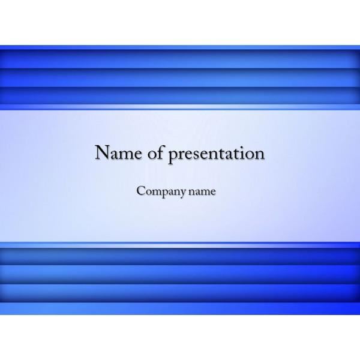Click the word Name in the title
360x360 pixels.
pos(118,152)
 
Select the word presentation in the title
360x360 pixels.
pos(217,154)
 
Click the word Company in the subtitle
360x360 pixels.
pos(161,191)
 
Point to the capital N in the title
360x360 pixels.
pos(103,152)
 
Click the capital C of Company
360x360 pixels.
pos(141,191)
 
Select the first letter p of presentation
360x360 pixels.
pos(174,156)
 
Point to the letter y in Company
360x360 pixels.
pos(182,193)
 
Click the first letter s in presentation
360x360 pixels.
pos(194,154)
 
